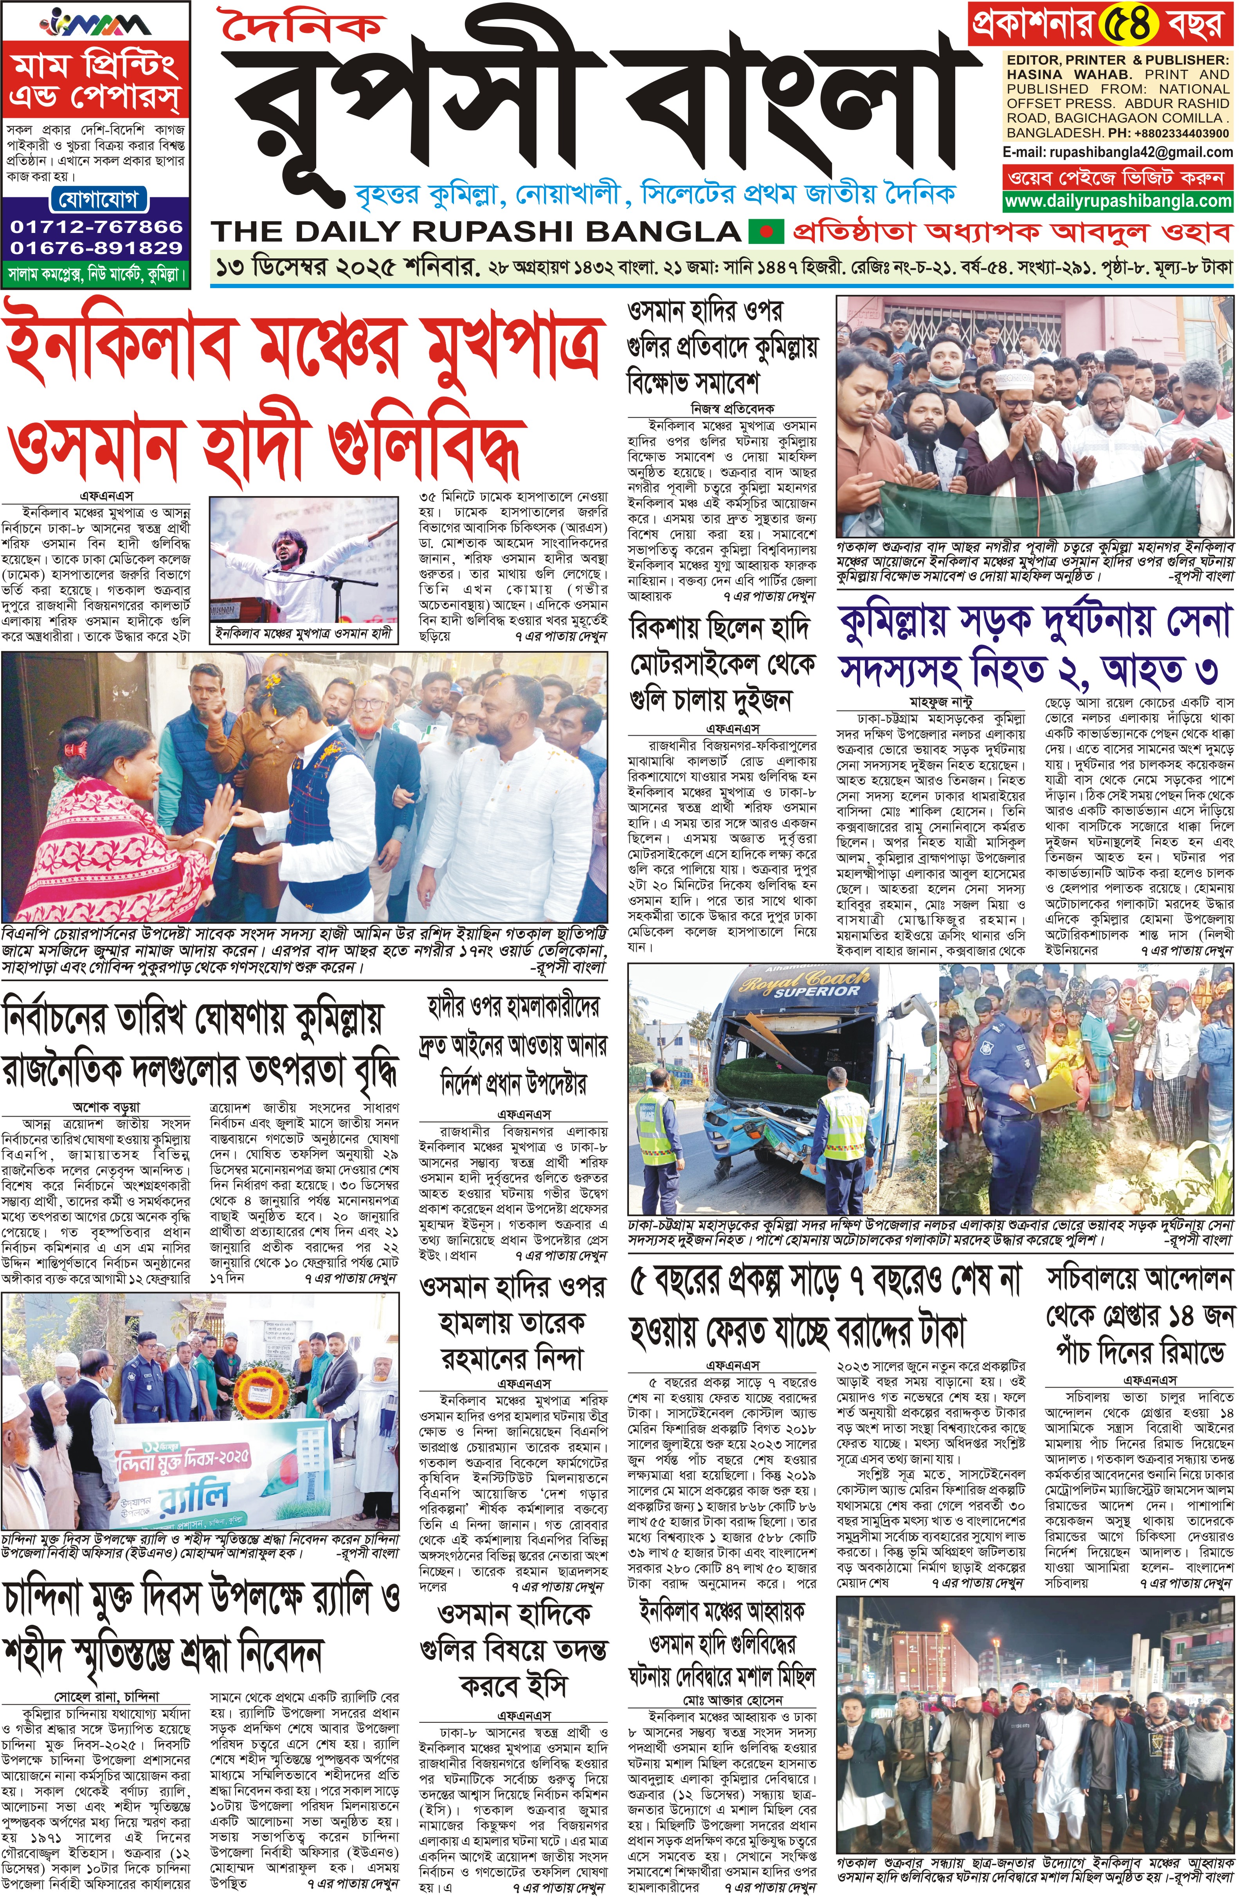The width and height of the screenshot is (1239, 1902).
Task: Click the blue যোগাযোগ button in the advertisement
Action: (97, 198)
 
